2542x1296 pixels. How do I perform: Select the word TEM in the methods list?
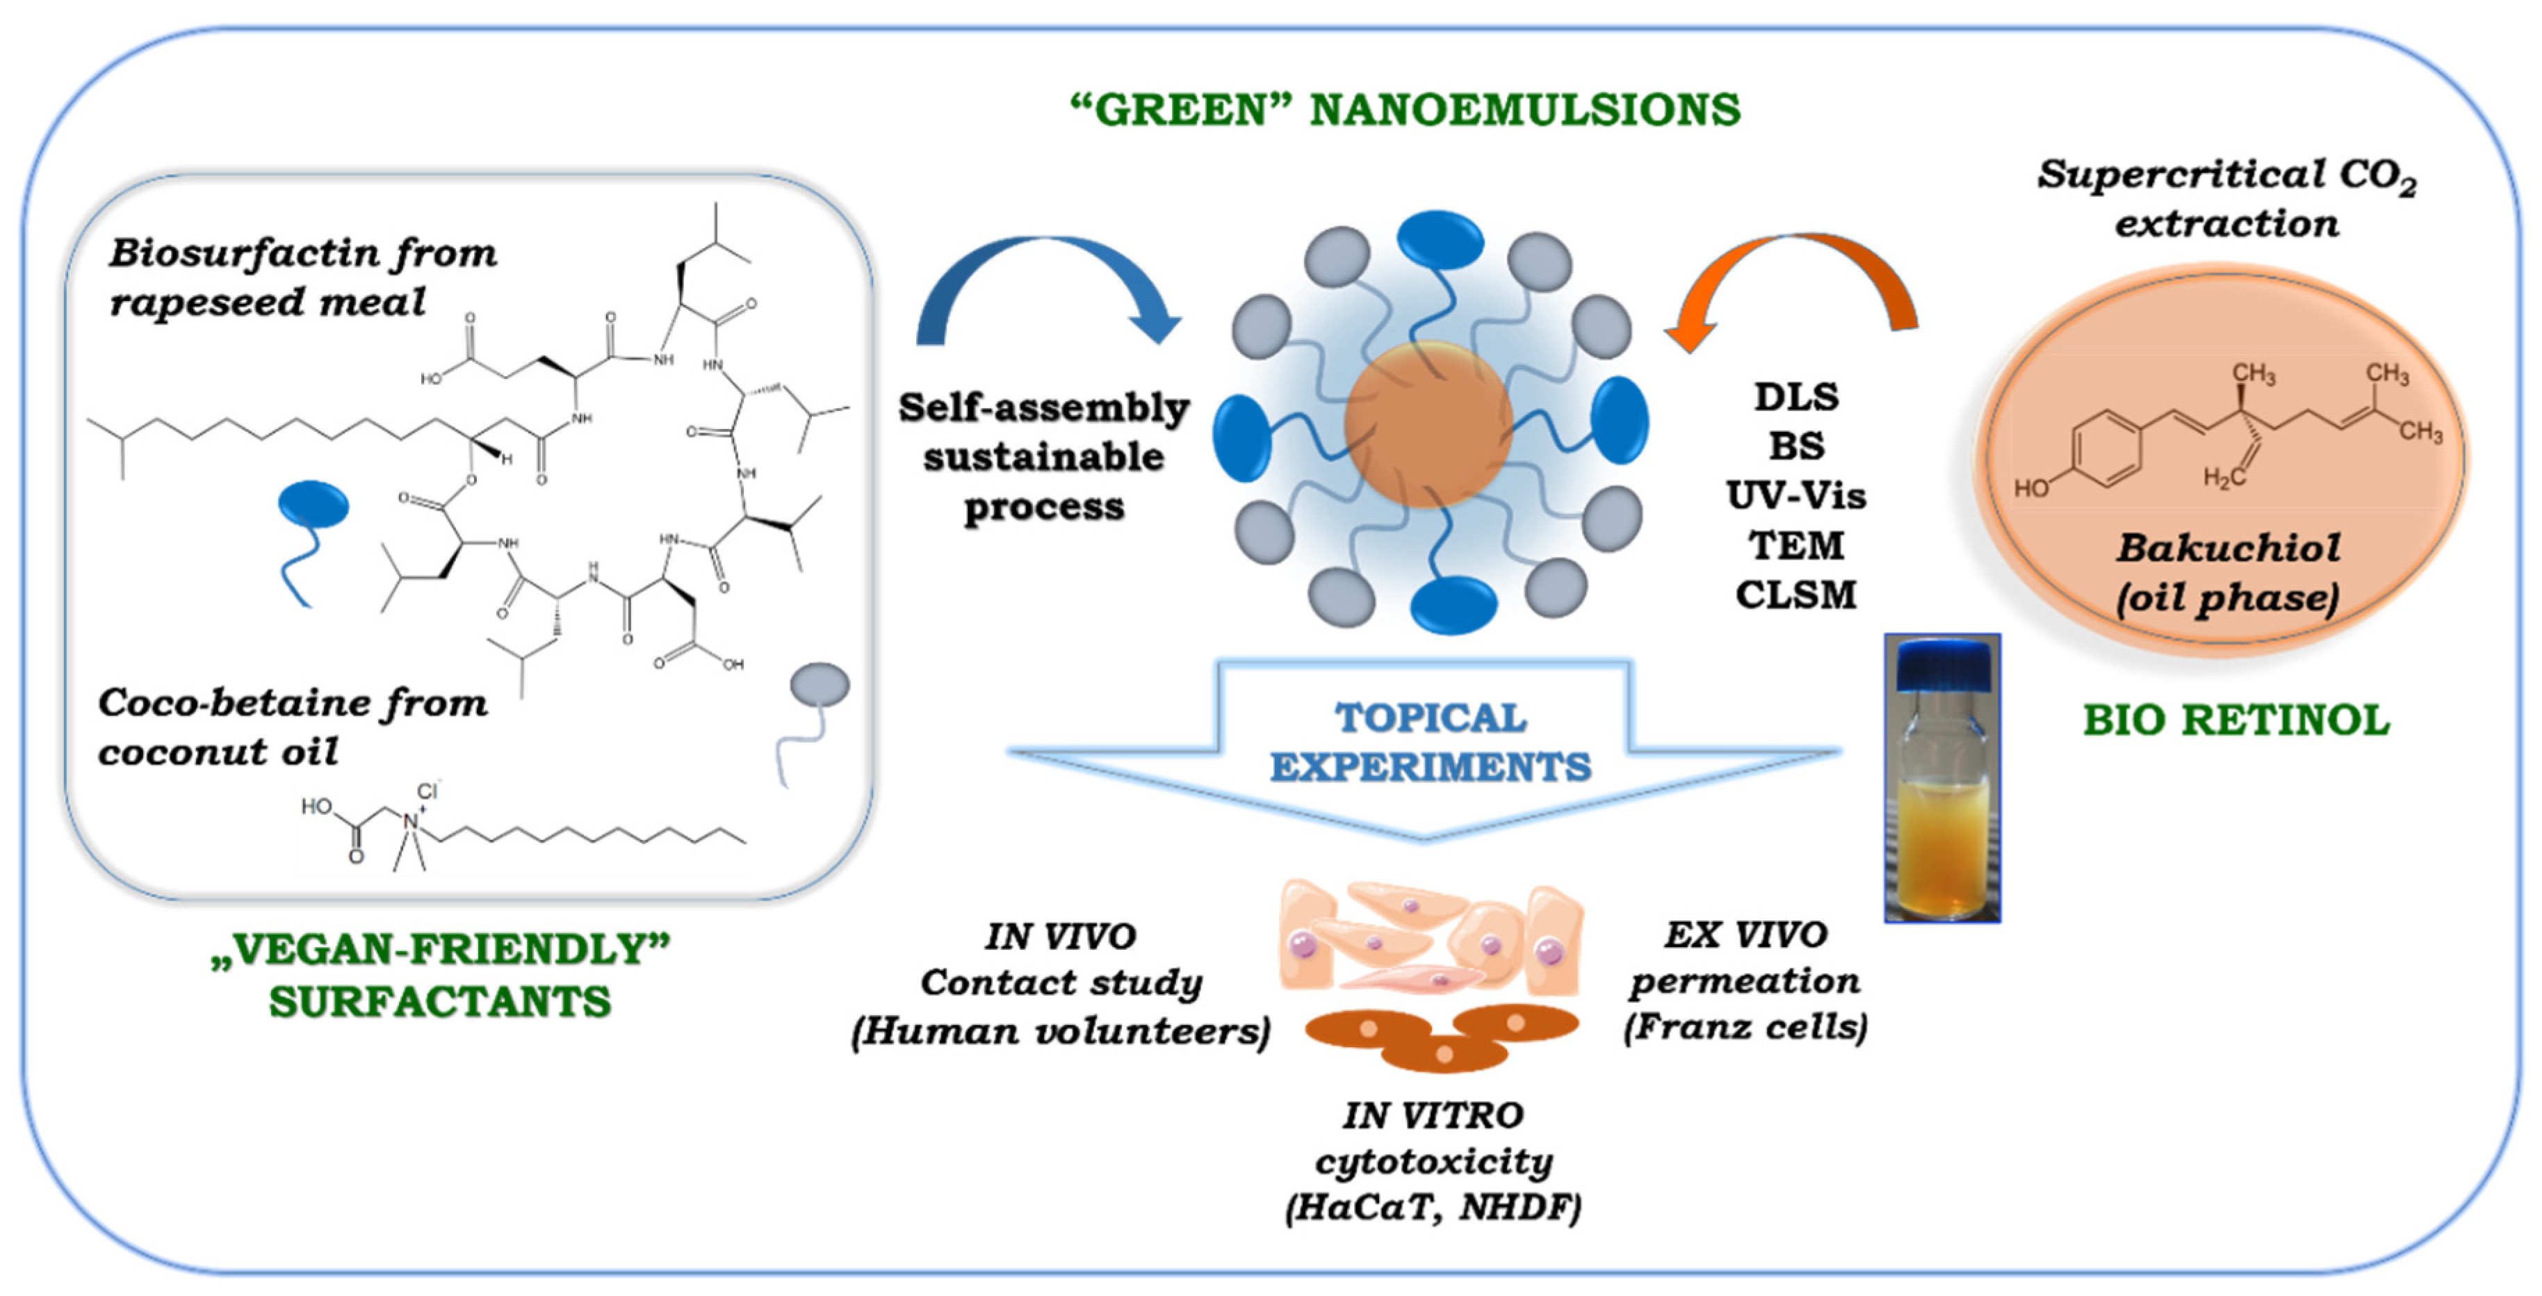pos(1796,546)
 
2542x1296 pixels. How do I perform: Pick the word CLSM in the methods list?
pos(1796,595)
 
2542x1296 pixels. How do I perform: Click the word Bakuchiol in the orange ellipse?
pos(2229,549)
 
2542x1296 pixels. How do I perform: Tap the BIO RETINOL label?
pos(2236,720)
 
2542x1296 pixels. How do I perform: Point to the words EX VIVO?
pos(1745,934)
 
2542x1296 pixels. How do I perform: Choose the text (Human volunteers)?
pos(1061,1032)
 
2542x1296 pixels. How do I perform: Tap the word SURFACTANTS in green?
pos(440,1003)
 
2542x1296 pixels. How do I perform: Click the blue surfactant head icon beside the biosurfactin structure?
pos(313,503)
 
